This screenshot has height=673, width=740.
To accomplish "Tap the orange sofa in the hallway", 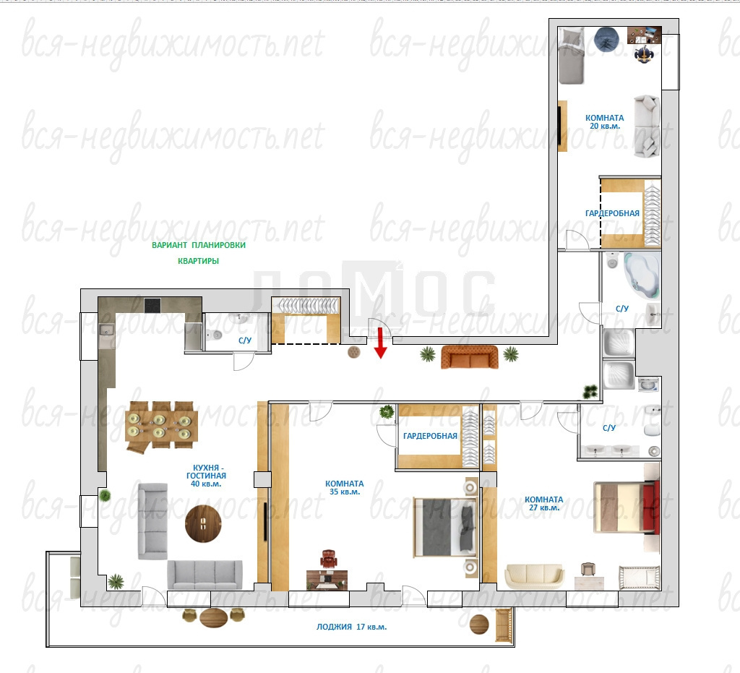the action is (470, 357).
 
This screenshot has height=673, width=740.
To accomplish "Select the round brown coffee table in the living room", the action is (203, 523).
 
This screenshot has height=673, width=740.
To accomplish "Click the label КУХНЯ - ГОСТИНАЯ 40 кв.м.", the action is (206, 476).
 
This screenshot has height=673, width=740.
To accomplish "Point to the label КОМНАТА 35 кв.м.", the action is (345, 487).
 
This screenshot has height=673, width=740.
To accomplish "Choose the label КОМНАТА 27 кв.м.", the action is (543, 504).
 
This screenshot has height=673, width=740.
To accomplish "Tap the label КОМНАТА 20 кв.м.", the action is (605, 121).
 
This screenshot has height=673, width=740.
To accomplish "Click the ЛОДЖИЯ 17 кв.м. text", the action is (352, 627).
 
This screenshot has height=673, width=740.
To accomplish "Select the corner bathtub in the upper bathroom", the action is (642, 275).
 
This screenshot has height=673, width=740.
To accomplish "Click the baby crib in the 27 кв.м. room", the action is (639, 578).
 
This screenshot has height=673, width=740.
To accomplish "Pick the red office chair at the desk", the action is (329, 559).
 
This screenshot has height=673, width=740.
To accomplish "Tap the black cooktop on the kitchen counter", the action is (152, 305).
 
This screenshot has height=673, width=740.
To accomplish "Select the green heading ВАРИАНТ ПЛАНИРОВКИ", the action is (199, 245).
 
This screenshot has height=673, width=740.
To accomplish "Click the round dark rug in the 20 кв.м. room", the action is (606, 39).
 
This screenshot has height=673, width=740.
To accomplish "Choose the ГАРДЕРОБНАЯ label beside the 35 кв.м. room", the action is (430, 436).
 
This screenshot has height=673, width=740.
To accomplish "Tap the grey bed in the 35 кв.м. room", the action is (445, 527).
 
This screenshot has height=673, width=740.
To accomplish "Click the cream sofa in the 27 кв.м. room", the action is (534, 576).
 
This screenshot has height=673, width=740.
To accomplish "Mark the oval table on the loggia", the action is (213, 617).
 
